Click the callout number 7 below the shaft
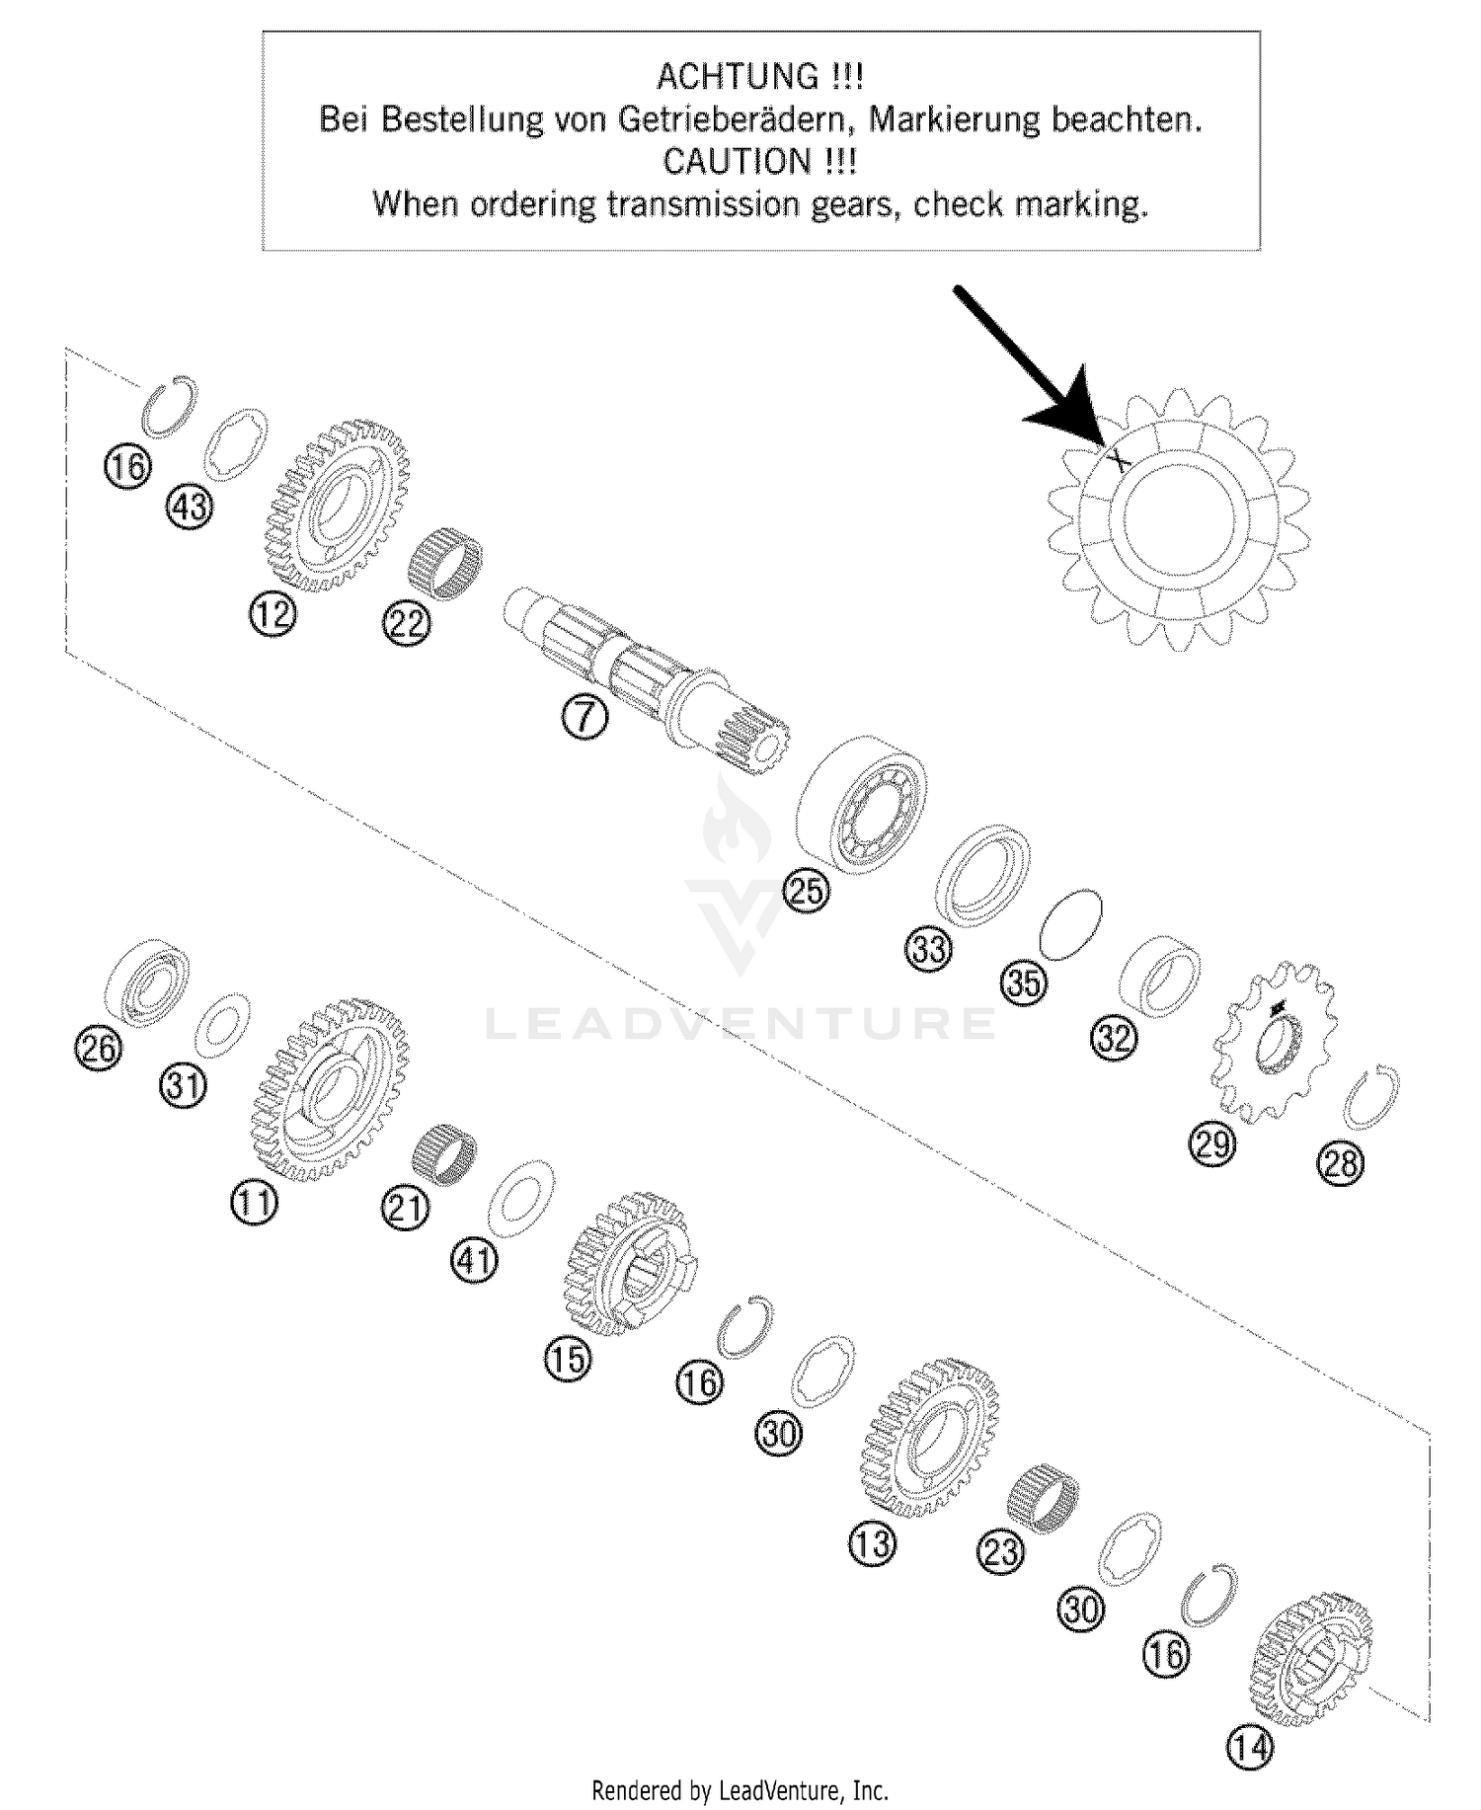click(585, 718)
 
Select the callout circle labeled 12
click(273, 615)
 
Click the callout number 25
click(807, 890)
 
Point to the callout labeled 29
click(1211, 1143)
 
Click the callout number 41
click(475, 1261)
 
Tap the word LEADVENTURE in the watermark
click(740, 1023)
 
